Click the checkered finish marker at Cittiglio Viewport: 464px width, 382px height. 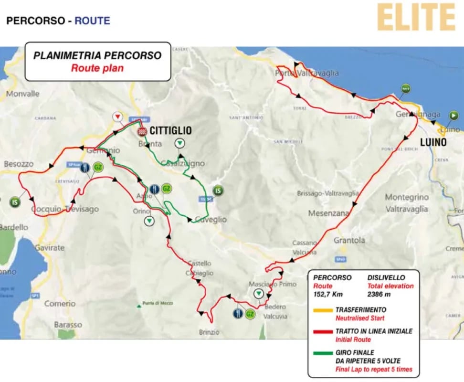tap(142, 131)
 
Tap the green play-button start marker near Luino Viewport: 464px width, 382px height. tap(453, 115)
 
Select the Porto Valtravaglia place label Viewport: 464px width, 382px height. tap(307, 73)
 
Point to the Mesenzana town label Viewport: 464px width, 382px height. tap(329, 213)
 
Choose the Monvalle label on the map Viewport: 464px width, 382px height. tap(23, 94)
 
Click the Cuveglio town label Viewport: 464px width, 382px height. tap(211, 220)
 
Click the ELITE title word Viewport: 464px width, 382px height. tap(415, 18)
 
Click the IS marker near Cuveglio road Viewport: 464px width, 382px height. tap(218, 191)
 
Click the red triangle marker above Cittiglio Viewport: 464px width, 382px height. tap(117, 117)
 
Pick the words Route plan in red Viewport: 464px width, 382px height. tap(97, 68)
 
